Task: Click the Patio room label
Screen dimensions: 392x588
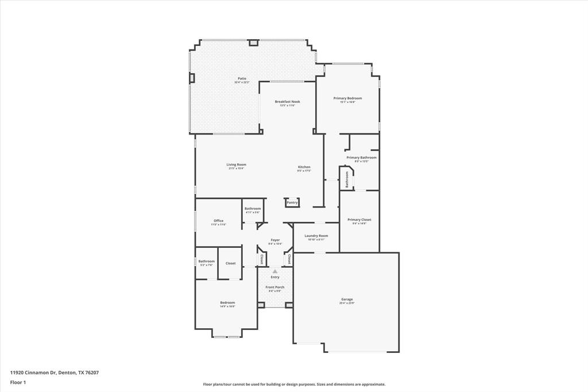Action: pyautogui.click(x=242, y=79)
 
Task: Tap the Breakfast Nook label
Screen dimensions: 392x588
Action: pyautogui.click(x=287, y=102)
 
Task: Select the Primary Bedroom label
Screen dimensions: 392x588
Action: pyautogui.click(x=347, y=98)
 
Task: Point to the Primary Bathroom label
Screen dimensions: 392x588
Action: pyautogui.click(x=361, y=157)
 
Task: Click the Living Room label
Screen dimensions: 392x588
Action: pyautogui.click(x=236, y=165)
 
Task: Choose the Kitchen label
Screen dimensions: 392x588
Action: pyautogui.click(x=304, y=167)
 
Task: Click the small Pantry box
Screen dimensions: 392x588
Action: pyautogui.click(x=292, y=202)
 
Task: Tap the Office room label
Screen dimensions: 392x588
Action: pyautogui.click(x=218, y=221)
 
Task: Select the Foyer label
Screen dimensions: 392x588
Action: pyautogui.click(x=276, y=240)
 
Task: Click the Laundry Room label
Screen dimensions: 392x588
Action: pyautogui.click(x=316, y=236)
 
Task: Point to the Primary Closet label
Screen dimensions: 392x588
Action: pyautogui.click(x=359, y=220)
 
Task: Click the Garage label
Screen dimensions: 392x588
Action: pyautogui.click(x=347, y=299)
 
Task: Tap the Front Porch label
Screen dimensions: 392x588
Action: pyautogui.click(x=275, y=287)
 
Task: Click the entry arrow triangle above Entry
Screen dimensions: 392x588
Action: pyautogui.click(x=275, y=271)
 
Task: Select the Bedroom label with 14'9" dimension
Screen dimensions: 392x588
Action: pyautogui.click(x=227, y=303)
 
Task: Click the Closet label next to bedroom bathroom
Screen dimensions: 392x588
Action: pyautogui.click(x=230, y=263)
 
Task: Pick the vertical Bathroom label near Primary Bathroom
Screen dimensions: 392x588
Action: pyautogui.click(x=347, y=179)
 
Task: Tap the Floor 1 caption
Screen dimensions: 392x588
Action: pyautogui.click(x=18, y=382)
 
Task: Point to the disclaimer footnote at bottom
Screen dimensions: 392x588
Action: pyautogui.click(x=294, y=385)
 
